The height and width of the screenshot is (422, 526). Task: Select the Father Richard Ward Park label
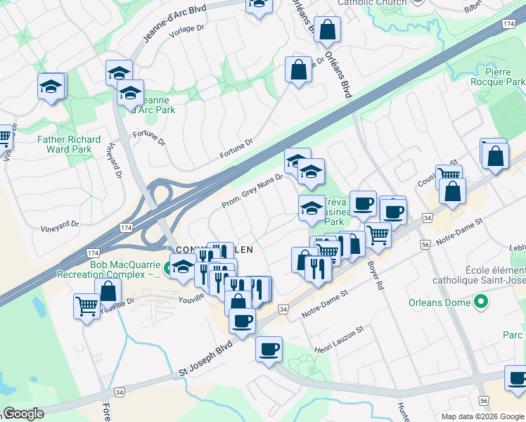[x=69, y=144]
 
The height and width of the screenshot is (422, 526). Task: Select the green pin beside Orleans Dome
[x=481, y=303]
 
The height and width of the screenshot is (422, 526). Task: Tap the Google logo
[x=23, y=414]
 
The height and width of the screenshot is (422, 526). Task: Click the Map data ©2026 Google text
[x=481, y=416]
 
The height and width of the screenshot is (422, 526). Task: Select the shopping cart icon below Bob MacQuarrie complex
[x=86, y=306]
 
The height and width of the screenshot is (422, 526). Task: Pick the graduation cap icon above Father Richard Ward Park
[x=51, y=87]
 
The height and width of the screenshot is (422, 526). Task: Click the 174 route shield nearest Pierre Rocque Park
[x=508, y=24]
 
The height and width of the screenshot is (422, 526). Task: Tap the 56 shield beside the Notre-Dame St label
[x=425, y=244]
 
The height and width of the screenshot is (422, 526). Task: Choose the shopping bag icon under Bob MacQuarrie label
[x=108, y=290]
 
